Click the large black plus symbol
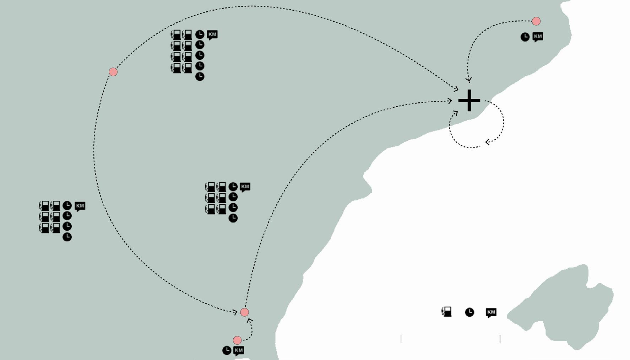pos(469,100)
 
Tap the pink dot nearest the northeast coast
pos(536,21)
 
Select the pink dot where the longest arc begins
pos(113,72)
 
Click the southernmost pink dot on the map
pos(237,340)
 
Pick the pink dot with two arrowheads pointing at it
pos(244,312)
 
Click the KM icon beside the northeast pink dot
pos(538,36)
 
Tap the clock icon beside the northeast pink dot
pos(525,37)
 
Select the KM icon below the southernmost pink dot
pos(239,350)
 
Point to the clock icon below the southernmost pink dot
pos(227,350)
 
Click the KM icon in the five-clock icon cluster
pos(212,34)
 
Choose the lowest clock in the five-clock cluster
pos(200,76)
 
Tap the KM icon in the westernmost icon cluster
pos(80,206)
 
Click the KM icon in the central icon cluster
pos(245,187)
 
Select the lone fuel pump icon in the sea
pos(446,312)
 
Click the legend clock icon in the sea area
pos(469,312)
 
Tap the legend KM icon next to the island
pos(491,312)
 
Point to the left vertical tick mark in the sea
pos(401,339)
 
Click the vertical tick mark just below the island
pos(500,339)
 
